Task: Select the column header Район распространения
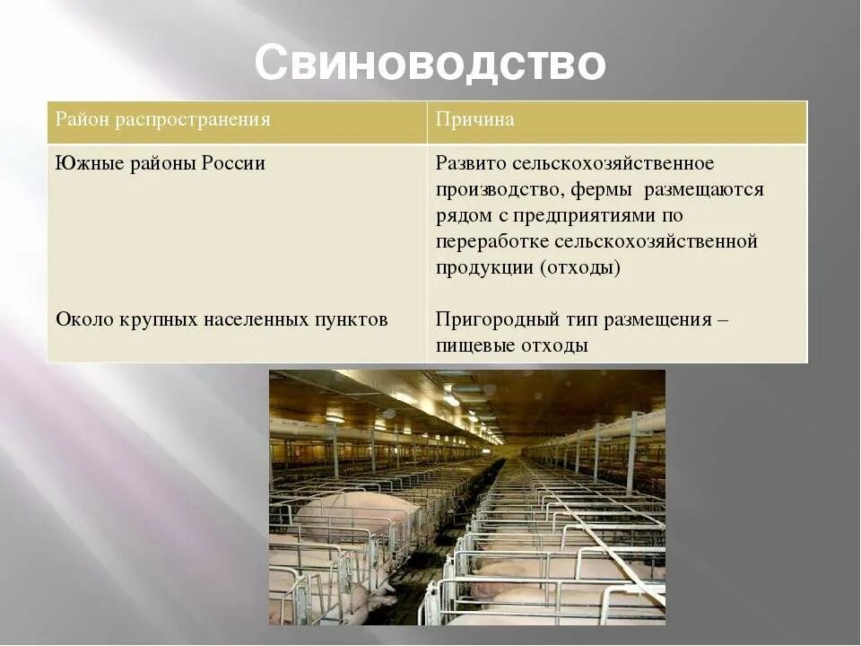point(163,120)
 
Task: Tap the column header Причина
point(474,120)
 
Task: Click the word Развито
point(472,164)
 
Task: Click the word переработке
point(492,242)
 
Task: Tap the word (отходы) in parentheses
point(581,268)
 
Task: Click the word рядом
point(463,216)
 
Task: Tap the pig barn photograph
point(467,497)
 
